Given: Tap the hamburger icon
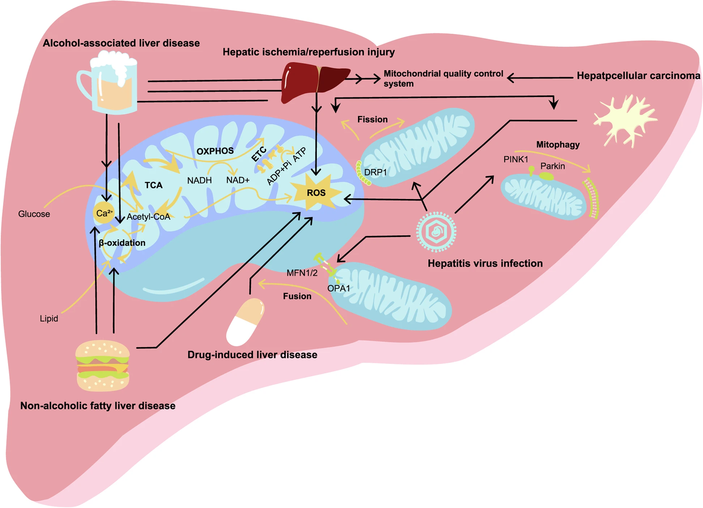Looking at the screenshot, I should [x=102, y=365].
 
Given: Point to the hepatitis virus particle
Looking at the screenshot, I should [x=436, y=232].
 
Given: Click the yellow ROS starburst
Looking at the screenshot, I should [x=316, y=192].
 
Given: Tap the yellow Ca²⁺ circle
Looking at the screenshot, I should [x=104, y=213].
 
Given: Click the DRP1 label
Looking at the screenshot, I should [x=375, y=172].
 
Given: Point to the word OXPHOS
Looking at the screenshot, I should [x=215, y=151].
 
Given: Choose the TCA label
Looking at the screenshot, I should [x=154, y=185].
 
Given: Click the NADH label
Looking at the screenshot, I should [x=199, y=180].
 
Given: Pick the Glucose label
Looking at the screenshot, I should [x=34, y=214].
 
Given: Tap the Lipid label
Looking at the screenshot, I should [x=49, y=318].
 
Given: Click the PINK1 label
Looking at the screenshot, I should [x=516, y=159].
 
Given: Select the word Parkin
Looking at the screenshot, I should [x=552, y=166].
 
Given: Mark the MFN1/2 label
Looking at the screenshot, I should [x=302, y=273].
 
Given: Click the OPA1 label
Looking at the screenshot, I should [x=338, y=288].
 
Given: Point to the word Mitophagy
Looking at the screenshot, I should [x=558, y=145].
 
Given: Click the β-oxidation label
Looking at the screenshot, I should [x=122, y=243].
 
